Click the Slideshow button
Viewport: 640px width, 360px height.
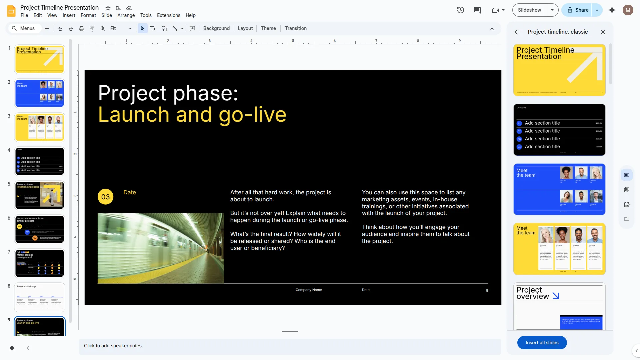529,10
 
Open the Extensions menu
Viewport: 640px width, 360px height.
168,15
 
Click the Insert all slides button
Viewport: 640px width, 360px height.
542,343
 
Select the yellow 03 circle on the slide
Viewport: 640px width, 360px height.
105,197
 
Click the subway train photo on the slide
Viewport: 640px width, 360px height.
161,248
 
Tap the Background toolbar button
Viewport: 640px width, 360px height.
216,28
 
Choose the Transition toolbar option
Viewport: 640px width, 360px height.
296,28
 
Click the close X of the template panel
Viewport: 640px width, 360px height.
603,32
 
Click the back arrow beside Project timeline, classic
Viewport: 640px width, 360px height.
517,32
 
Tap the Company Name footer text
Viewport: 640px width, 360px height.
309,290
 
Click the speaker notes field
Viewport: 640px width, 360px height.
289,346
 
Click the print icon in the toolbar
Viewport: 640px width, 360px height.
81,29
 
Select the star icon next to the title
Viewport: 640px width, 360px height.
108,8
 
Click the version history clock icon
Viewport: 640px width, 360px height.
460,10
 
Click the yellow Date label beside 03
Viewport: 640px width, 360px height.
130,192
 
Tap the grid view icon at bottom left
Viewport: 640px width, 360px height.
12,348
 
